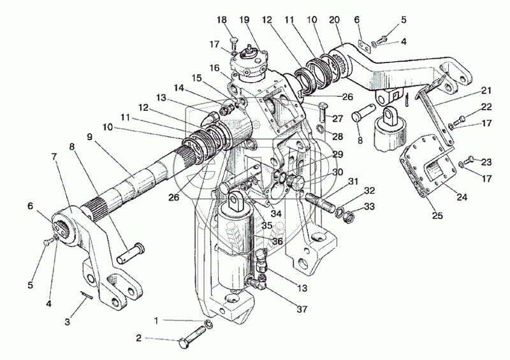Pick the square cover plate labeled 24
tap(427, 167)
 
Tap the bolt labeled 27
tap(323, 115)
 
